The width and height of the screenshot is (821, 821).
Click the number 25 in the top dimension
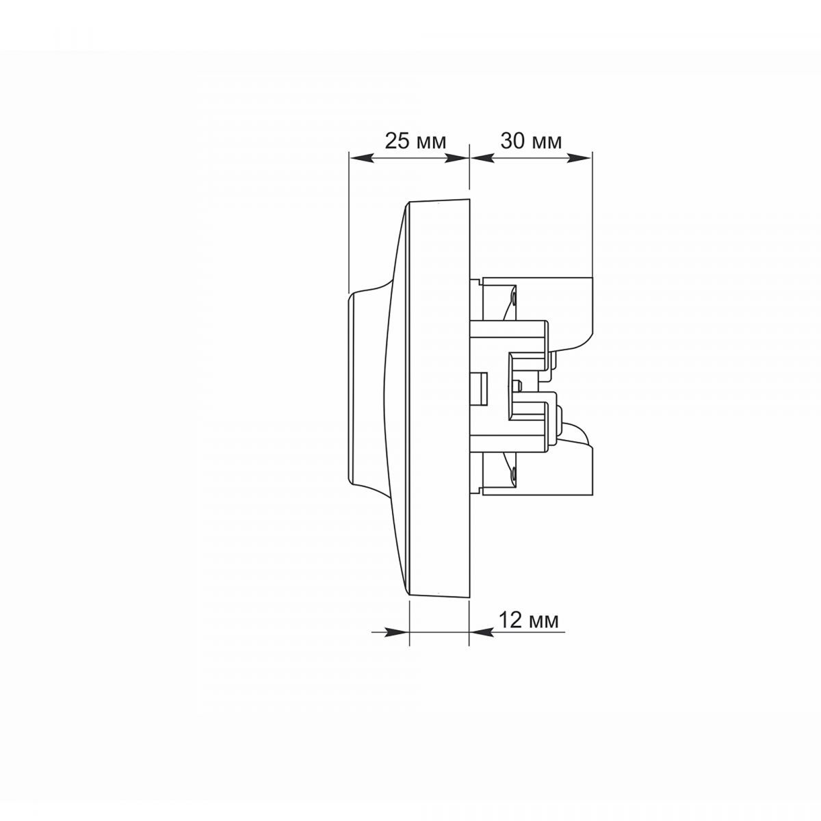pos(396,141)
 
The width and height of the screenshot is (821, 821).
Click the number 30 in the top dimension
pos(512,141)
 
